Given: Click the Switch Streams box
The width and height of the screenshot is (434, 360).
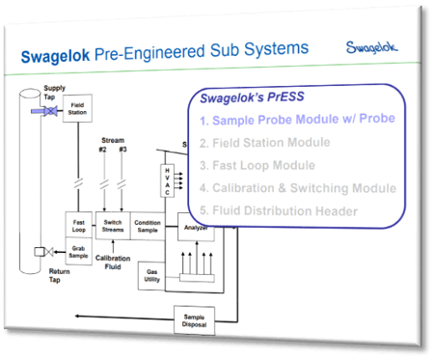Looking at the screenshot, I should coord(113,223).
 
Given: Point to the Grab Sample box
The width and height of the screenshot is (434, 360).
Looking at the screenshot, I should coord(79,251).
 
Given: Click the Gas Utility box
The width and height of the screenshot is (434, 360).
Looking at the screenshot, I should coord(152,274).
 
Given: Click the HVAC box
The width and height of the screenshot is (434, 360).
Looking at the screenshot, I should coord(165,181).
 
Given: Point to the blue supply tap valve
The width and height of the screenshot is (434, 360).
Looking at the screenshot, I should coord(42,113).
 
